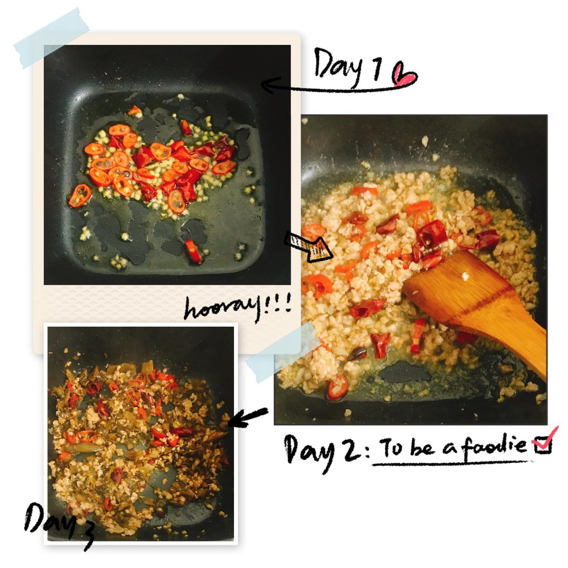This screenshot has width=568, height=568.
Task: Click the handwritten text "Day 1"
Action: (x=347, y=67)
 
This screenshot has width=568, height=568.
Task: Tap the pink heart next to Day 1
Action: (x=404, y=75)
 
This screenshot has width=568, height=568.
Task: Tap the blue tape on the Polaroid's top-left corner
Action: (x=52, y=38)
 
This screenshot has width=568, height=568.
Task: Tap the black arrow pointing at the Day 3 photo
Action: (x=248, y=417)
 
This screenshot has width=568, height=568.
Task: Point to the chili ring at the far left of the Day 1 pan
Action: (x=80, y=196)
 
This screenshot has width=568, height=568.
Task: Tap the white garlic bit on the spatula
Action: (x=465, y=277)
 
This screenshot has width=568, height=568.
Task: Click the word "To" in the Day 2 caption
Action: (x=392, y=447)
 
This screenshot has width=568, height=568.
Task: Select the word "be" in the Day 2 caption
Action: (x=422, y=448)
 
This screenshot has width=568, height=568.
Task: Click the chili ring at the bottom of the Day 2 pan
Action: (x=337, y=388)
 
